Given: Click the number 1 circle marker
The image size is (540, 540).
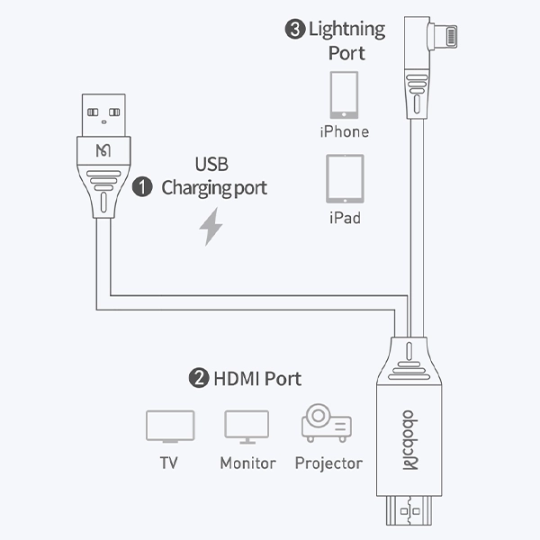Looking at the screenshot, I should point(142,187).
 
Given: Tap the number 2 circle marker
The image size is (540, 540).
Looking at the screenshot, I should point(199,378).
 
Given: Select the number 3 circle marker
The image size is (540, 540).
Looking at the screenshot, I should point(294,30).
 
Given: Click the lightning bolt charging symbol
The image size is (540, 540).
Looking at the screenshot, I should point(211,228).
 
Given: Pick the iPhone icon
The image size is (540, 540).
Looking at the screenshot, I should point(344,94).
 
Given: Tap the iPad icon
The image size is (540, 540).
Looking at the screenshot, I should point(345,179).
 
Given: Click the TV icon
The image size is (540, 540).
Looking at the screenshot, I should point(169,427).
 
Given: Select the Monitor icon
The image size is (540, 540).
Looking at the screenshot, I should point(247,427).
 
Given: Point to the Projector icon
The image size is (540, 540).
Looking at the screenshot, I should point(327,424).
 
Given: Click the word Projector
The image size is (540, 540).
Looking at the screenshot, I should point(328,463).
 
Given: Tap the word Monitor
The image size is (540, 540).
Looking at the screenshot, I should point(247,463).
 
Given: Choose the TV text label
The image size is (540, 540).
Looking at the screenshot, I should point(169,463).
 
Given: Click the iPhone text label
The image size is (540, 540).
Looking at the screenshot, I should point(344,131).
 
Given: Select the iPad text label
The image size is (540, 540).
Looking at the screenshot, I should point(345,218).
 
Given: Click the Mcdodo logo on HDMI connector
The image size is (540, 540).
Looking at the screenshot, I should point(409,438).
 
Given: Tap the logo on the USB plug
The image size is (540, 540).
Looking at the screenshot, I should point(104,148).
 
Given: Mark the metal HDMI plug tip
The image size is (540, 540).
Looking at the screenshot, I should point(409,516).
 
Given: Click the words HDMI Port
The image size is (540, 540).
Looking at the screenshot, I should point(257,378).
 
